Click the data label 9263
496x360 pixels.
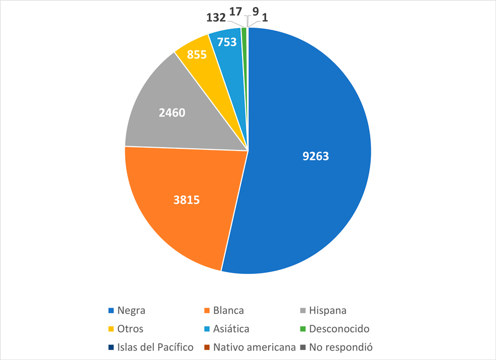tap(315, 156)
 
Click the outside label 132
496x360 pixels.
tap(215, 18)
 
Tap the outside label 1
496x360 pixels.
tap(265, 18)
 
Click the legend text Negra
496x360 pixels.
tap(132, 310)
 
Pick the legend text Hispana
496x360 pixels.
tap(328, 310)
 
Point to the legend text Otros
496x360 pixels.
tap(131, 329)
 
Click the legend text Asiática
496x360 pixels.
tap(231, 329)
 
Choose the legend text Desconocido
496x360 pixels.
tap(339, 329)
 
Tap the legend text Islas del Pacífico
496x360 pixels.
tap(156, 347)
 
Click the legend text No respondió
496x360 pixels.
tap(341, 347)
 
